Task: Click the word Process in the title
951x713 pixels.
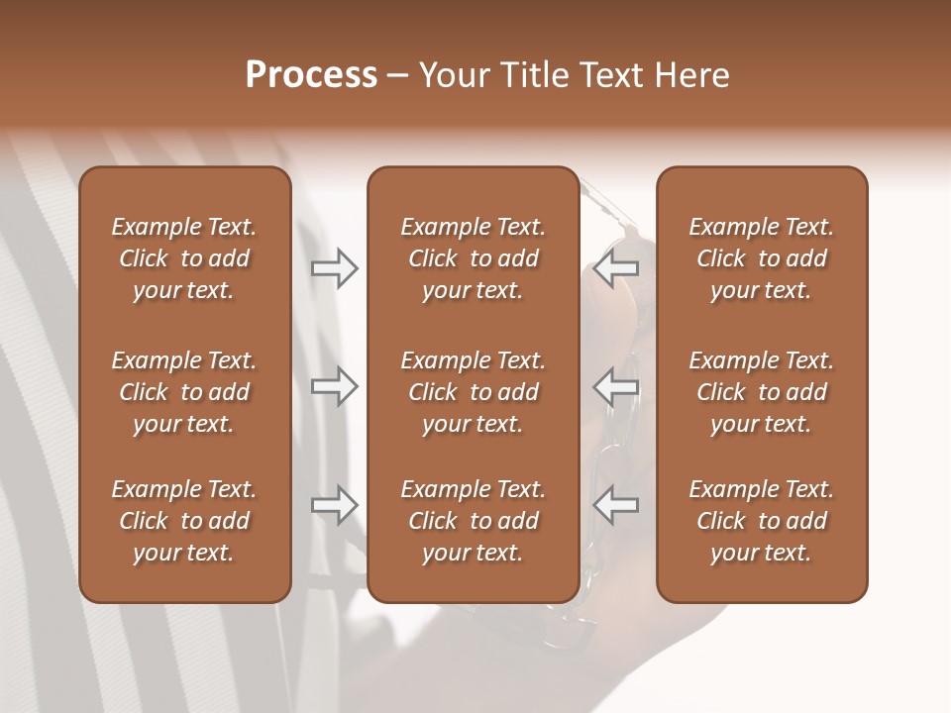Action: click(x=311, y=75)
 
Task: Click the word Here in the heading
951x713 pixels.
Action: click(x=692, y=75)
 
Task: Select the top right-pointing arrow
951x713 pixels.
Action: click(x=335, y=267)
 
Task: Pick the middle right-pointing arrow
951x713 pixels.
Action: click(x=335, y=386)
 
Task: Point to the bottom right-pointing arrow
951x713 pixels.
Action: click(x=335, y=505)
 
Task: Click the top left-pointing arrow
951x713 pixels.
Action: click(x=616, y=267)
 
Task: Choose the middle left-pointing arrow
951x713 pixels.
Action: click(x=616, y=386)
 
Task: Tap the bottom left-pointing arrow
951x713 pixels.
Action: click(x=616, y=505)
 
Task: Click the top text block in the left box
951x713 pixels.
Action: click(x=184, y=258)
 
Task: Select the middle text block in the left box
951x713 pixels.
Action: click(x=184, y=392)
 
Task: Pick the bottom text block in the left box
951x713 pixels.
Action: click(x=184, y=521)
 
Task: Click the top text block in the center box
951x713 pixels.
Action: click(x=473, y=258)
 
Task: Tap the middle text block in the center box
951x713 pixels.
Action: click(x=473, y=392)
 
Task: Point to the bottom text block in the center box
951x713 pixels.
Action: click(x=473, y=521)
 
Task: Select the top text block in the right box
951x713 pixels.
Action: click(x=762, y=258)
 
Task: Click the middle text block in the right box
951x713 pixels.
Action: click(x=762, y=392)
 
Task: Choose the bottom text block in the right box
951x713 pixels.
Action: click(x=762, y=521)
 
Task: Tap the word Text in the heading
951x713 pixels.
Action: click(x=613, y=75)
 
